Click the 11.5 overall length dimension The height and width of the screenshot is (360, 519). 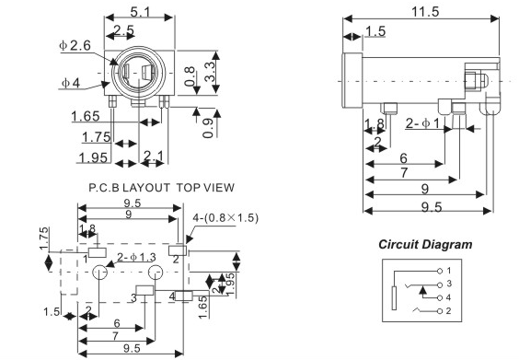(x=425, y=12)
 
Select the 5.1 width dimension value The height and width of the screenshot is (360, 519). (x=141, y=12)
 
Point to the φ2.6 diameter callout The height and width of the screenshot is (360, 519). (x=75, y=45)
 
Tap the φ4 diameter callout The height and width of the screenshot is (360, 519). (x=71, y=83)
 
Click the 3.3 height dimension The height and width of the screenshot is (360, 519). (x=210, y=72)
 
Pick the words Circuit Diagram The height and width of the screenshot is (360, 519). (x=425, y=244)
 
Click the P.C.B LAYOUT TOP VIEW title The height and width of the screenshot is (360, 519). (x=162, y=188)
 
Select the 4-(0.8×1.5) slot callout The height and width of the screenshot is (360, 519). (x=225, y=218)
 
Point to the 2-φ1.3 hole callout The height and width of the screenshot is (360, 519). (x=136, y=257)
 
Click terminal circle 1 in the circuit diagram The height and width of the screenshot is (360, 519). (x=440, y=272)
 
